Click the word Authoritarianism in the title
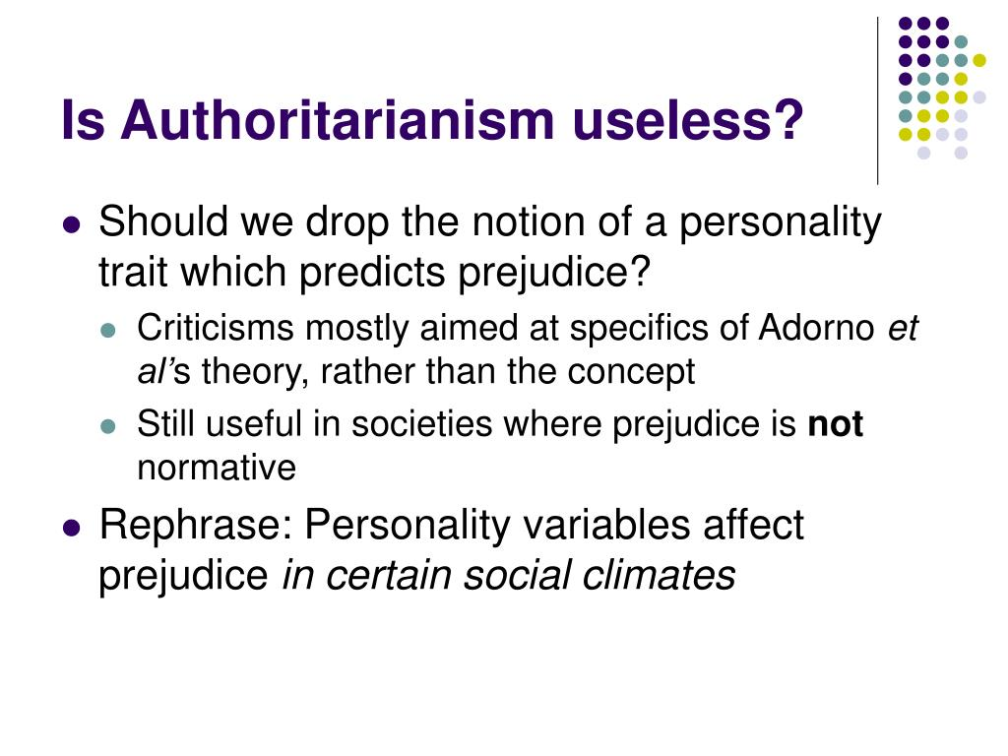pyautogui.click(x=337, y=119)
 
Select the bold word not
pyautogui.click(x=835, y=424)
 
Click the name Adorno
pyautogui.click(x=816, y=328)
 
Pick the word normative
pyautogui.click(x=217, y=468)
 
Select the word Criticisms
pyautogui.click(x=215, y=328)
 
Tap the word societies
pyautogui.click(x=421, y=424)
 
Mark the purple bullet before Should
pyautogui.click(x=71, y=225)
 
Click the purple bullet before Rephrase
pyautogui.click(x=71, y=529)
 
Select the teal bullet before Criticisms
pyautogui.click(x=108, y=331)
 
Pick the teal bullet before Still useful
pyautogui.click(x=108, y=426)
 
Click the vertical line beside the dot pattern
pyautogui.click(x=877, y=101)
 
